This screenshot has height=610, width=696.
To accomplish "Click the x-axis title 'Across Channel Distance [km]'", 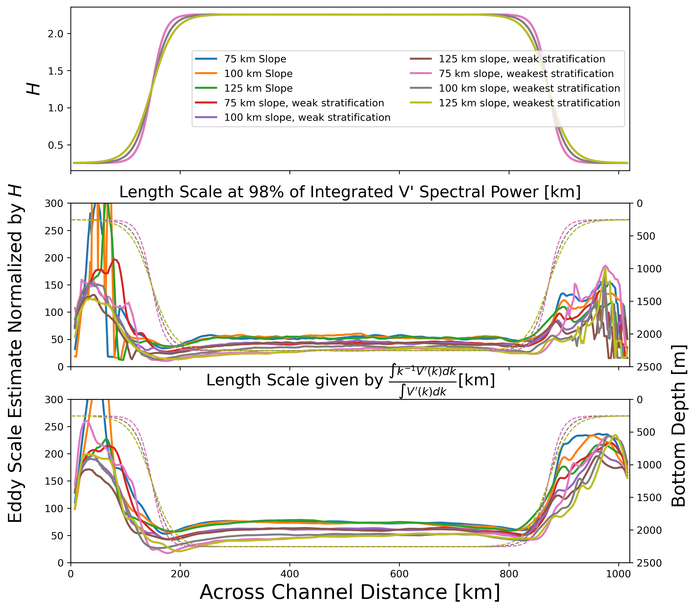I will (x=350, y=592).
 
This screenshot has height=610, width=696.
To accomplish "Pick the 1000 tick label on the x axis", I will (x=618, y=574).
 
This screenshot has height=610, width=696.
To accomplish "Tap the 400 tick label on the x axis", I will (x=289, y=574).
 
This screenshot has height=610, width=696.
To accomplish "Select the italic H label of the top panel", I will (x=33, y=89).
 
